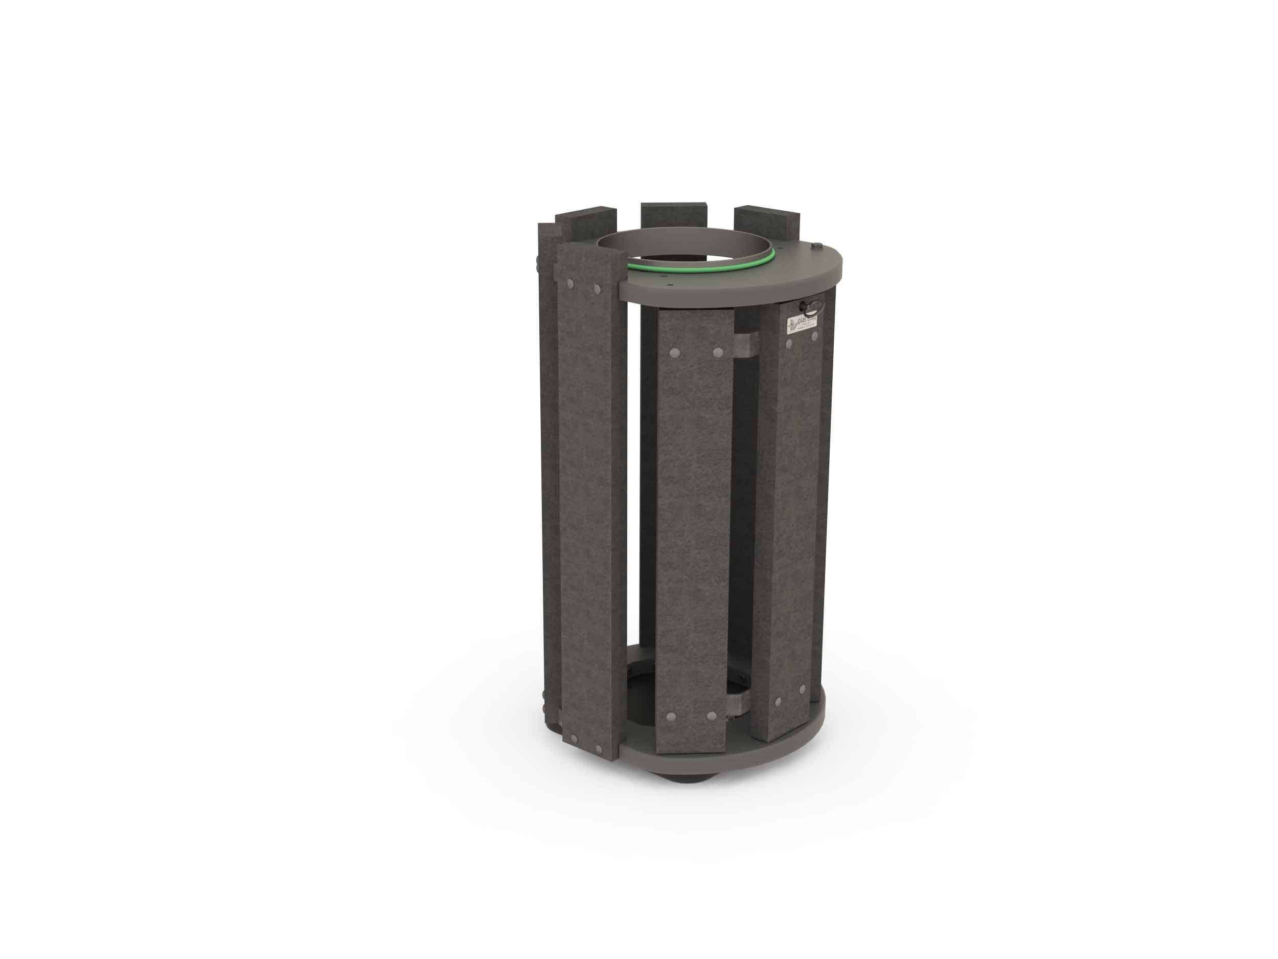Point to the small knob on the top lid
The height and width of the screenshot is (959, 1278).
816,247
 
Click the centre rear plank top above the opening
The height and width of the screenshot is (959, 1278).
674,214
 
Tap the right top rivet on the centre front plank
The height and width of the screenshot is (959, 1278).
718,351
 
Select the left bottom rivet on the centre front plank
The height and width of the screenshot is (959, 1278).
671,717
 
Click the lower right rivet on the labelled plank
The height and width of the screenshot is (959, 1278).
802,689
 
